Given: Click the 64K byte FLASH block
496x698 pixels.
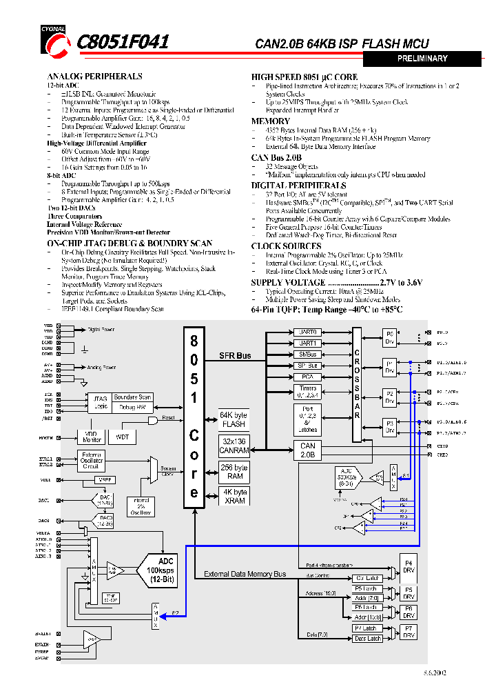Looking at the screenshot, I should tap(234, 419).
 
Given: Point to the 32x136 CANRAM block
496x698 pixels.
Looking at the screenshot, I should tap(234, 446).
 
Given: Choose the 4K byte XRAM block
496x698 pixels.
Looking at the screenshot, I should tap(234, 496).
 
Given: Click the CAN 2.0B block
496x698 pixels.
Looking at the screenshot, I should tap(308, 450).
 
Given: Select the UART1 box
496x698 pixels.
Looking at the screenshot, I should tap(307, 343).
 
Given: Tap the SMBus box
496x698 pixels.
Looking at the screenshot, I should tap(307, 354).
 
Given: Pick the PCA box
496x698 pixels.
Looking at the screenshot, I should tap(307, 377).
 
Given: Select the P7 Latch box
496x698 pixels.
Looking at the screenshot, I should tap(366, 628).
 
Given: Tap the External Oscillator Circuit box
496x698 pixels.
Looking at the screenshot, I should tap(92, 460).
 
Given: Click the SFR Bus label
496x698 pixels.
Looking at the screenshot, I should tap(234, 356).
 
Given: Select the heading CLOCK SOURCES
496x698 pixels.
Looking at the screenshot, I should tap(286, 246).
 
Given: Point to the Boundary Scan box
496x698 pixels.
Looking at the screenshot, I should tap(132, 397).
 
